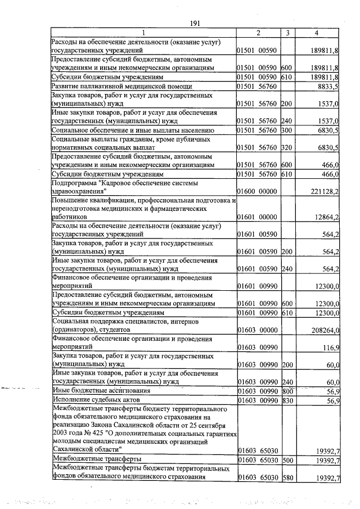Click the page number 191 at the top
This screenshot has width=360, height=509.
pyautogui.click(x=195, y=22)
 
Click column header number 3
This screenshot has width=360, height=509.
pyautogui.click(x=287, y=33)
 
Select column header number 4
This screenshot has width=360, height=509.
pyautogui.click(x=318, y=33)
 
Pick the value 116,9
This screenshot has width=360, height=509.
pyautogui.click(x=330, y=349)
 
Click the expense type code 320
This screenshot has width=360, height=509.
pyautogui.click(x=287, y=147)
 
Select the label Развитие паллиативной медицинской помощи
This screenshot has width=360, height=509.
pyautogui.click(x=121, y=87)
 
